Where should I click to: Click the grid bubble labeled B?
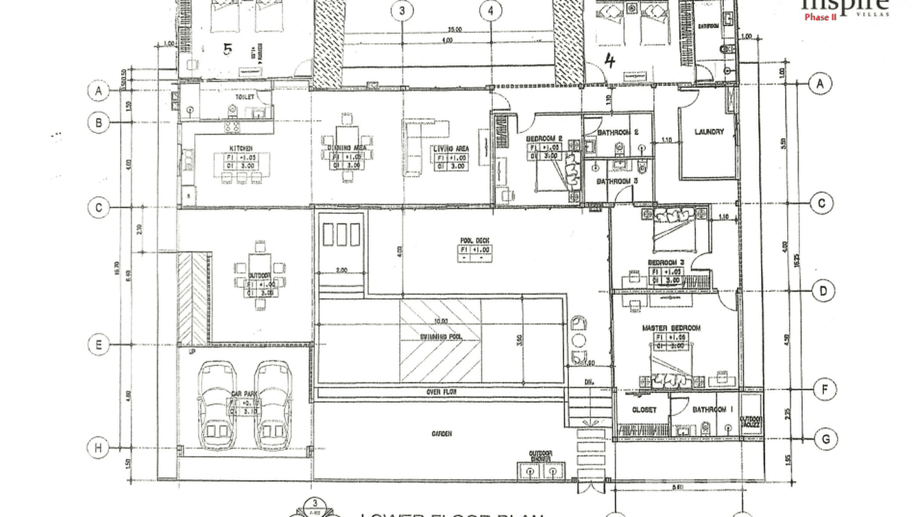tap(99, 123)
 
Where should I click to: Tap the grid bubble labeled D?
tap(823, 291)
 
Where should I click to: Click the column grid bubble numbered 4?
tap(491, 10)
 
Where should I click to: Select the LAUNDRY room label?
tap(709, 132)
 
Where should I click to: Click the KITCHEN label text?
tap(241, 148)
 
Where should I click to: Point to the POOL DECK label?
tap(474, 241)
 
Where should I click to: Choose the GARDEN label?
tap(442, 434)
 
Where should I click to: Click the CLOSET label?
tap(644, 409)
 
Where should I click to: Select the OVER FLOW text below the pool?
tap(441, 392)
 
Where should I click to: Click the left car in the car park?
tap(217, 405)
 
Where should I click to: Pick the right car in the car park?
tap(272, 405)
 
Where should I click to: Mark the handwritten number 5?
tap(228, 49)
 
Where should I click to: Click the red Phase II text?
tap(820, 17)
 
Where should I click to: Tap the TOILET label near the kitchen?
tap(245, 97)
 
